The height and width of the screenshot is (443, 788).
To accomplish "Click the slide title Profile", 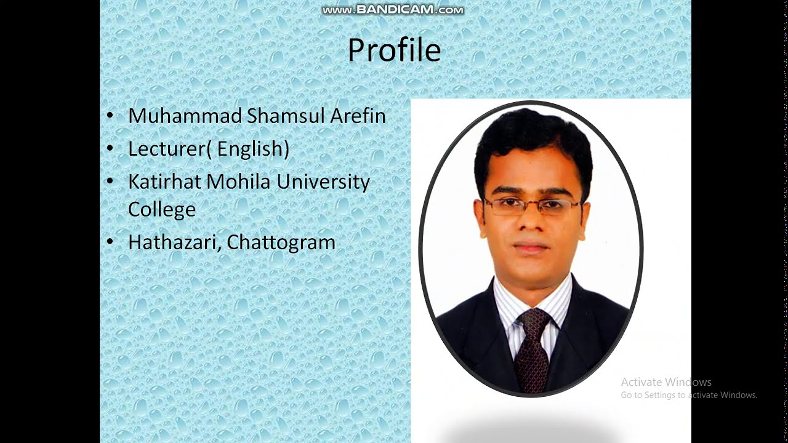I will click(x=394, y=50).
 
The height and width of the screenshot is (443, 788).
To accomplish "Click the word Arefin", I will click(x=358, y=116).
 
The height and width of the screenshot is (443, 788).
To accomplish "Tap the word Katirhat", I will click(x=164, y=182).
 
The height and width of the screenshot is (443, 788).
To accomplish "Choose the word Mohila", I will click(x=239, y=182).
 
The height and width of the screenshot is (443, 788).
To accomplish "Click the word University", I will click(x=323, y=182).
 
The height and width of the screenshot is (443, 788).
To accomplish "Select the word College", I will click(x=161, y=209).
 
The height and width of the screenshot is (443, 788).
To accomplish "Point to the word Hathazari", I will click(x=174, y=242).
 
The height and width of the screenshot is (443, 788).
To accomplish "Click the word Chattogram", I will click(x=281, y=242).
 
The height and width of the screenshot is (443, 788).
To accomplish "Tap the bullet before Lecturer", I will click(x=110, y=149).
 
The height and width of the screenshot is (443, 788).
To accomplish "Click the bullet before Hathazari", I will click(x=110, y=242).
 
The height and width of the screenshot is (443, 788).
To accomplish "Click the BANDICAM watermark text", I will click(x=393, y=10).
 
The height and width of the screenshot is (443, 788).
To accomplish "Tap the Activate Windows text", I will click(x=666, y=382).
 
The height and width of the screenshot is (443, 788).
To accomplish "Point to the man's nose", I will click(x=531, y=225).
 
